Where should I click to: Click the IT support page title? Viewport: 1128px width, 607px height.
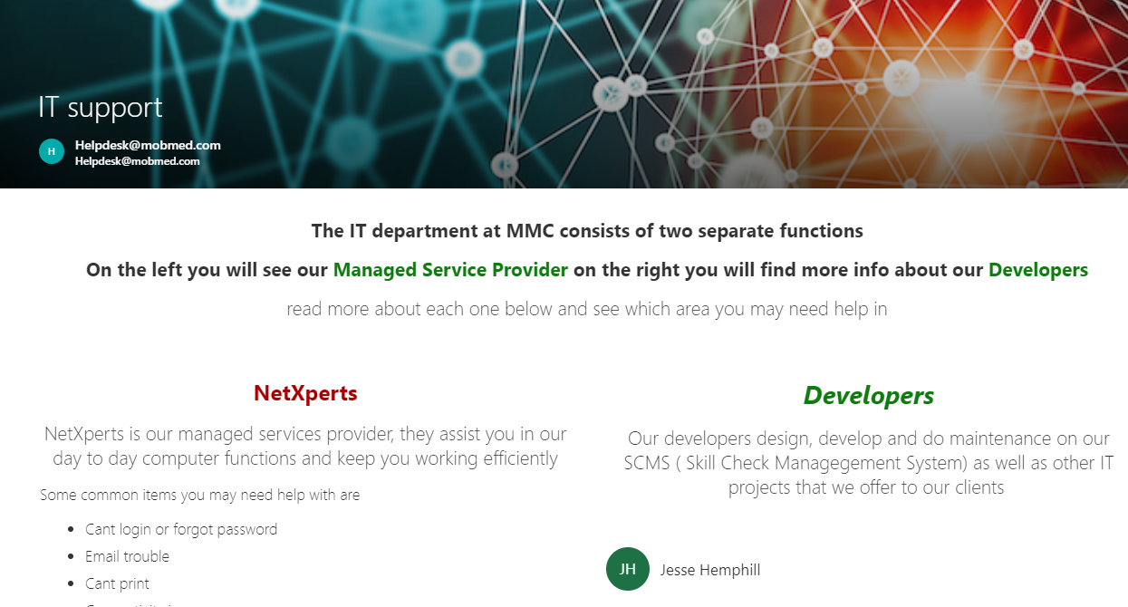pos(101,107)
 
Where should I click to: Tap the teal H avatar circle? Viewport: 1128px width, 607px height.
pos(52,151)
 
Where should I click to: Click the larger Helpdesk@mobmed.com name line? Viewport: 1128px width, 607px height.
pos(148,145)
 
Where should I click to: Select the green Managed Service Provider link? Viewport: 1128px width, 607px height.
pos(450,270)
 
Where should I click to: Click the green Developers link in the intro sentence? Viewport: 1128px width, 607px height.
pos(1038,270)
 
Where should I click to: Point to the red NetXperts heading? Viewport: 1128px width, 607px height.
pos(305,393)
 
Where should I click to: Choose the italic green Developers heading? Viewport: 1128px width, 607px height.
pos(869,395)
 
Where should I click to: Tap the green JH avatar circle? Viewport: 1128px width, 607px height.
pos(628,569)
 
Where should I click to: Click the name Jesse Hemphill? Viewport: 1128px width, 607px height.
pos(710,570)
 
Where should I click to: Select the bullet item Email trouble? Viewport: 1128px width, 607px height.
pos(127,556)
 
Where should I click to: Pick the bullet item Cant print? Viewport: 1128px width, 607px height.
pos(117,583)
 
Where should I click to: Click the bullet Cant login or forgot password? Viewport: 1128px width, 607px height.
pos(181,529)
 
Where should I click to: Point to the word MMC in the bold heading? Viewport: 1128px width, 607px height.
pos(530,231)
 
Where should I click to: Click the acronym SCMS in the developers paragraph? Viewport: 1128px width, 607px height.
pos(647,463)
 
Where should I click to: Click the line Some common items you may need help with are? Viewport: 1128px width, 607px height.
pos(200,496)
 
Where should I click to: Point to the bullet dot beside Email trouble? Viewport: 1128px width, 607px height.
pos(71,556)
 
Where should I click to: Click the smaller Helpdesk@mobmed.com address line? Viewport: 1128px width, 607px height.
pos(137,161)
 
